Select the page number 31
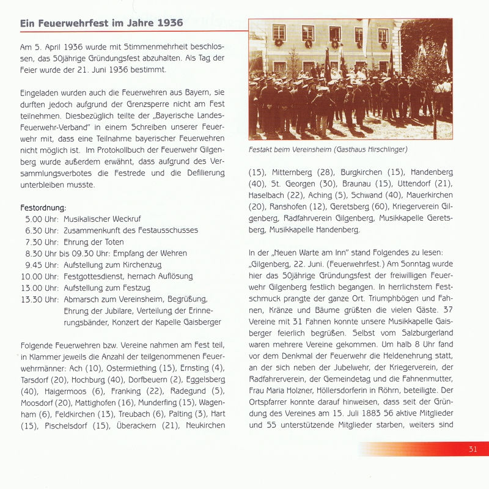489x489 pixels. pos(472,449)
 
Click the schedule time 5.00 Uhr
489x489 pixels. pos(42,218)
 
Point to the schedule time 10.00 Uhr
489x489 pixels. pos(40,276)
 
